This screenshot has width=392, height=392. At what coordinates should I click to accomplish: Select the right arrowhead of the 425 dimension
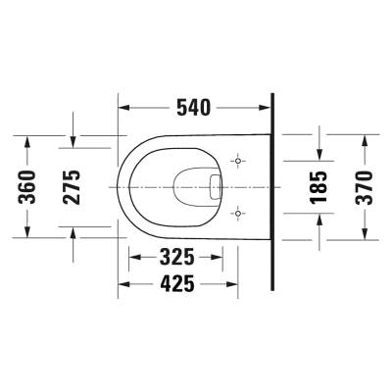point(263,284)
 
